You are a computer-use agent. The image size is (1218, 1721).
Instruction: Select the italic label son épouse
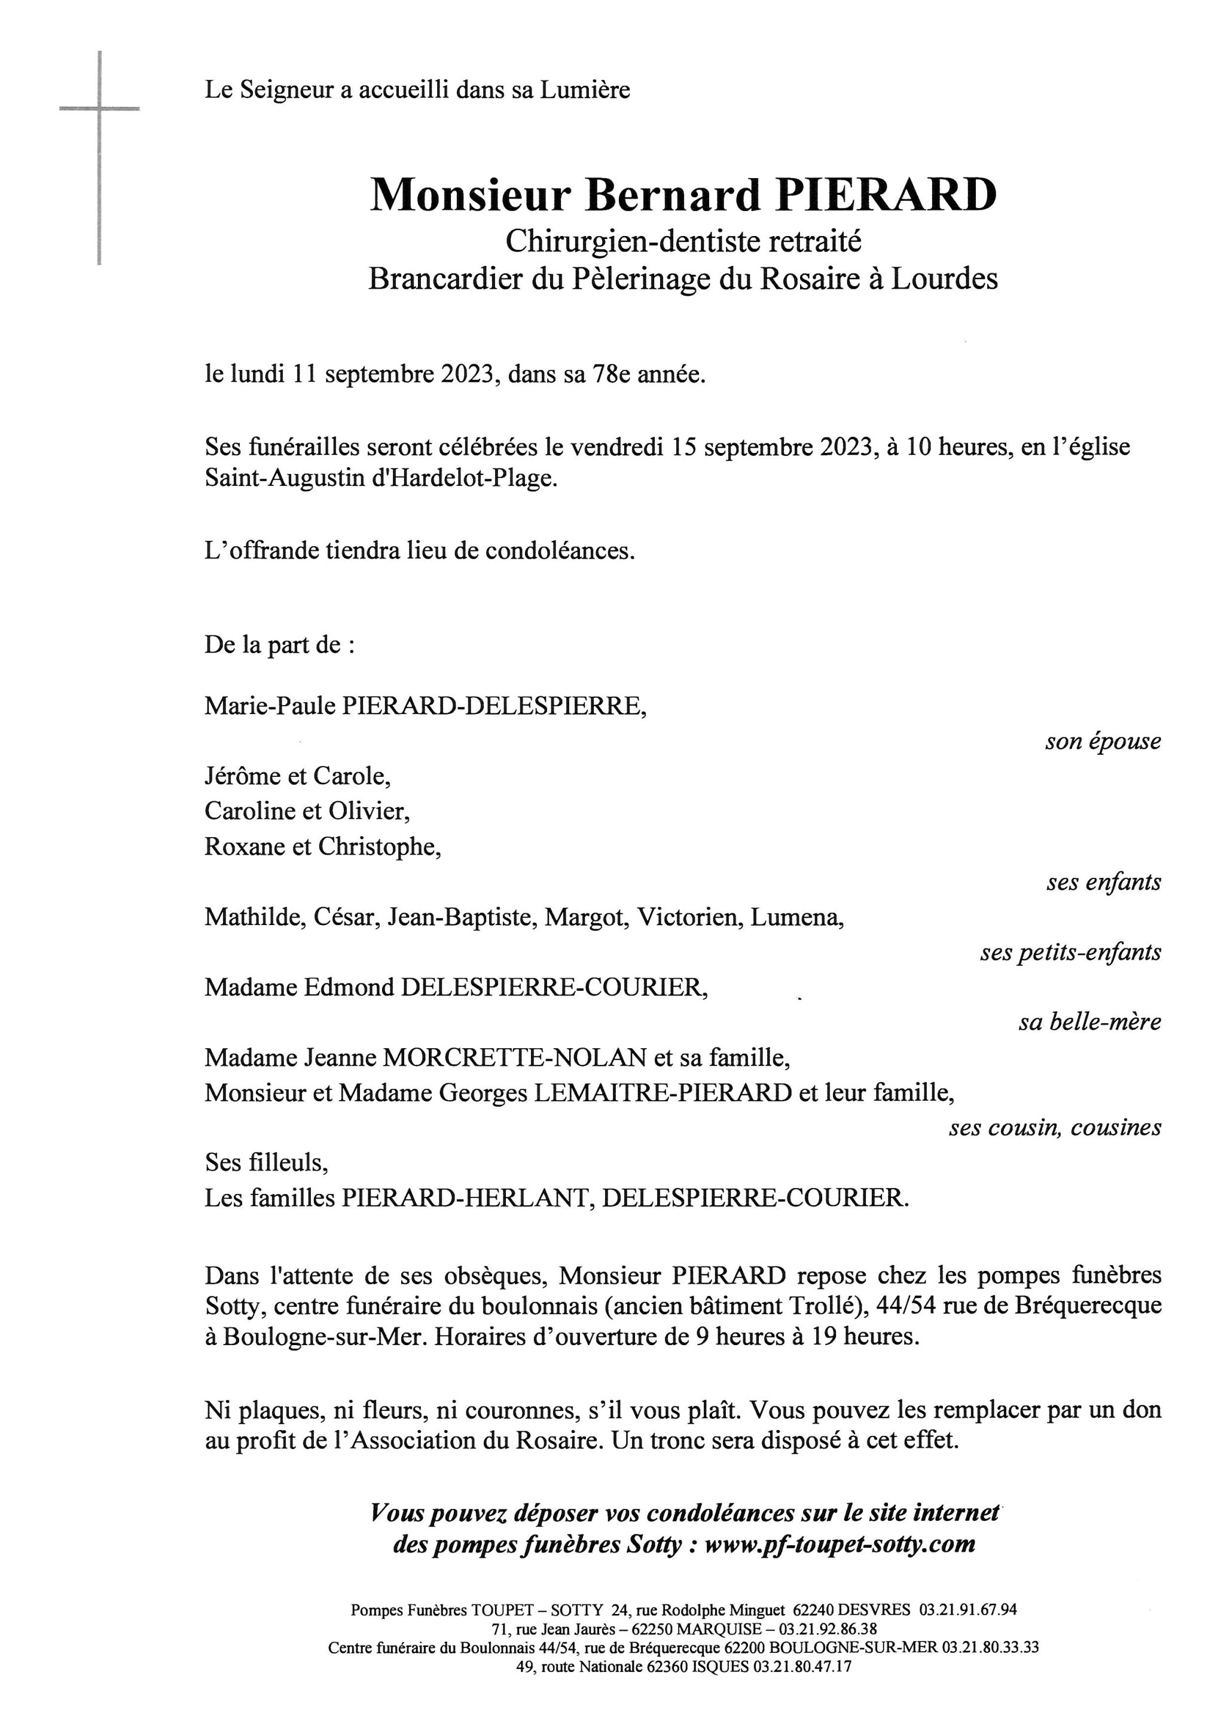pyautogui.click(x=1103, y=742)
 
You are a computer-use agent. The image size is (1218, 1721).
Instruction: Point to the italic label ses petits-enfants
pyautogui.click(x=1070, y=952)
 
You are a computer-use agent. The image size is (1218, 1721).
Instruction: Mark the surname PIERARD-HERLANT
pyautogui.click(x=464, y=1199)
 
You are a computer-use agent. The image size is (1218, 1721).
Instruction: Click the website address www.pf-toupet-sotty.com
pyautogui.click(x=840, y=1544)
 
